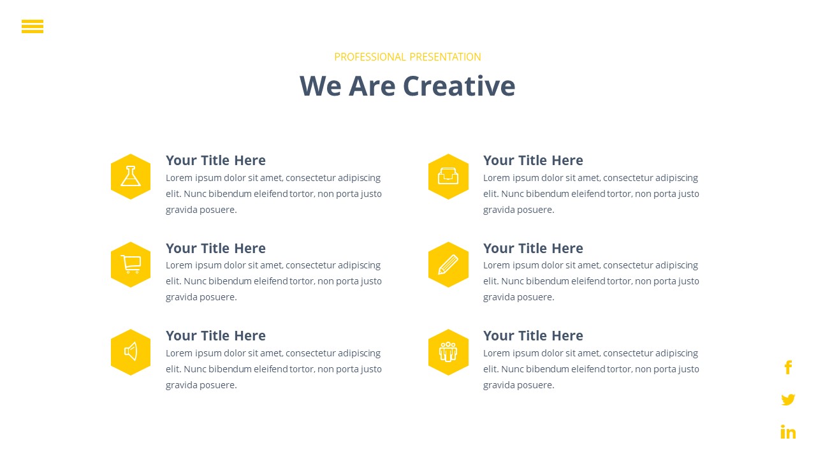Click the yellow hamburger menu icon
(33, 26)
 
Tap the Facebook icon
(788, 367)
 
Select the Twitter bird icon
(788, 400)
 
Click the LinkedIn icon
(788, 432)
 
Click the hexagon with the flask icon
(131, 177)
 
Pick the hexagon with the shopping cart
(131, 265)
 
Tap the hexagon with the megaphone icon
(131, 353)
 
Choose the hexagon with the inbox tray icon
(448, 177)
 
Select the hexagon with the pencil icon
(448, 265)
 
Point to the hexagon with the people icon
(448, 353)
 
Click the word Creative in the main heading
(459, 86)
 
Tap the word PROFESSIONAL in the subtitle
(370, 57)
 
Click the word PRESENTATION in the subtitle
(445, 57)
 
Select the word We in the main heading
(321, 86)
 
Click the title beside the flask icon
(215, 160)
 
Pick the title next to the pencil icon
(533, 248)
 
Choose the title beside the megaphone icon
(215, 335)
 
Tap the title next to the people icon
(533, 335)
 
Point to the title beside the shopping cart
(215, 248)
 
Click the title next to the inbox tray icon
(533, 160)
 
